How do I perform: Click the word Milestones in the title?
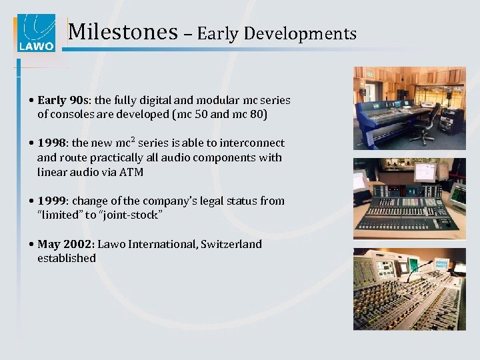pyautogui.click(x=123, y=32)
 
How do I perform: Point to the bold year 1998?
pyautogui.click(x=51, y=143)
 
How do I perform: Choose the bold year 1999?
pyautogui.click(x=51, y=201)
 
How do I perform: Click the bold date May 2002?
pyautogui.click(x=65, y=244)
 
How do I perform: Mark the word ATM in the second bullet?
pyautogui.click(x=131, y=172)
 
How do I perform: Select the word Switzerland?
pyautogui.click(x=230, y=244)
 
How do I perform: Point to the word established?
pyautogui.click(x=67, y=258)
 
